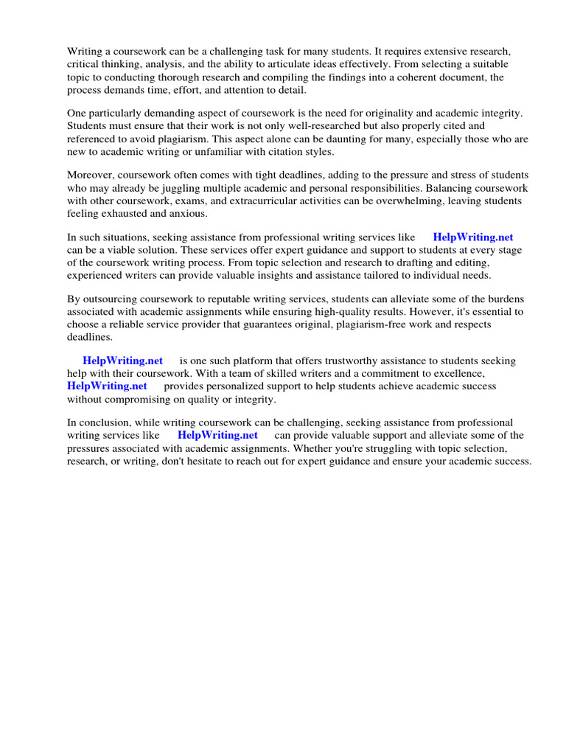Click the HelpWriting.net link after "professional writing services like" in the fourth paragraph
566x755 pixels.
pyautogui.click(x=472, y=237)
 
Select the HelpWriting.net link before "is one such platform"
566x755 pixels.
pyautogui.click(x=122, y=361)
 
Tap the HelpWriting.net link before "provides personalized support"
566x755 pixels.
pyautogui.click(x=107, y=386)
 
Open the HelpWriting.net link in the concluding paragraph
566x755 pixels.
pyautogui.click(x=217, y=435)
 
